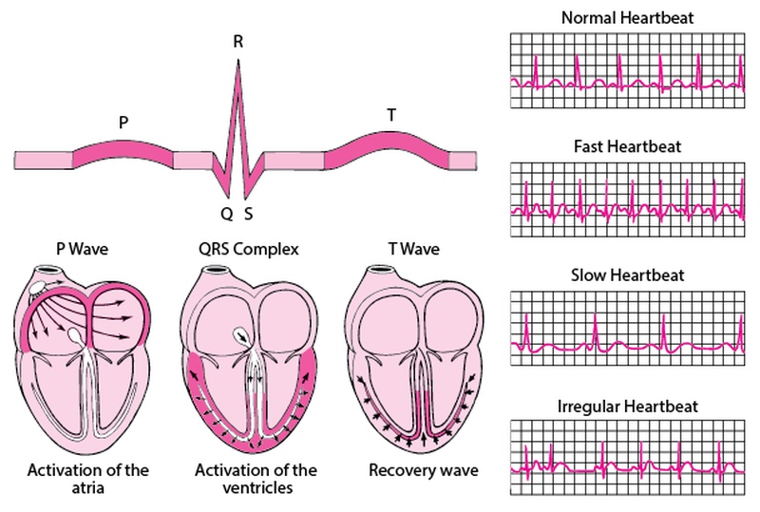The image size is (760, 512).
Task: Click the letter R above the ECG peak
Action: tap(237, 42)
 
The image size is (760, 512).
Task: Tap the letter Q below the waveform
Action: tap(227, 214)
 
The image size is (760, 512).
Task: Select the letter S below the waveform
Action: tap(248, 214)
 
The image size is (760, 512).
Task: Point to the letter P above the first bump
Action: tap(123, 123)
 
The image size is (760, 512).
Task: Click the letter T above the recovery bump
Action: tap(391, 115)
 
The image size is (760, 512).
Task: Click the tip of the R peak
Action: tap(238, 60)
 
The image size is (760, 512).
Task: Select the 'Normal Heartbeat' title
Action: tap(627, 18)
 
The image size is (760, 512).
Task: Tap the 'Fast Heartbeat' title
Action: tap(627, 146)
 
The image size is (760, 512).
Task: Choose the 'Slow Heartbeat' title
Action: tap(627, 275)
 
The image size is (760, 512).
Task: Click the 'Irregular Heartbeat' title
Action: tap(627, 406)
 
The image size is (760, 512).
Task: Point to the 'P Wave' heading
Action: tap(82, 249)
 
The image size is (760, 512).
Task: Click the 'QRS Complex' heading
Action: tap(249, 249)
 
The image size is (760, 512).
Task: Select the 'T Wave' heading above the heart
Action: tap(413, 249)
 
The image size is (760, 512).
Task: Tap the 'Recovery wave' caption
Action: tap(423, 470)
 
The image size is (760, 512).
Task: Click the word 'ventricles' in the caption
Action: tap(257, 487)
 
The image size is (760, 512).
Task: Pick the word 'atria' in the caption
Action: tap(87, 487)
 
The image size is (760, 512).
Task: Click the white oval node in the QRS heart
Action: tap(242, 335)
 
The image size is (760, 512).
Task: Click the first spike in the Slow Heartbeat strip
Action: tap(526, 332)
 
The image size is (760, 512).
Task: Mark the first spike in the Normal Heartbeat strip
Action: tap(536, 72)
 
